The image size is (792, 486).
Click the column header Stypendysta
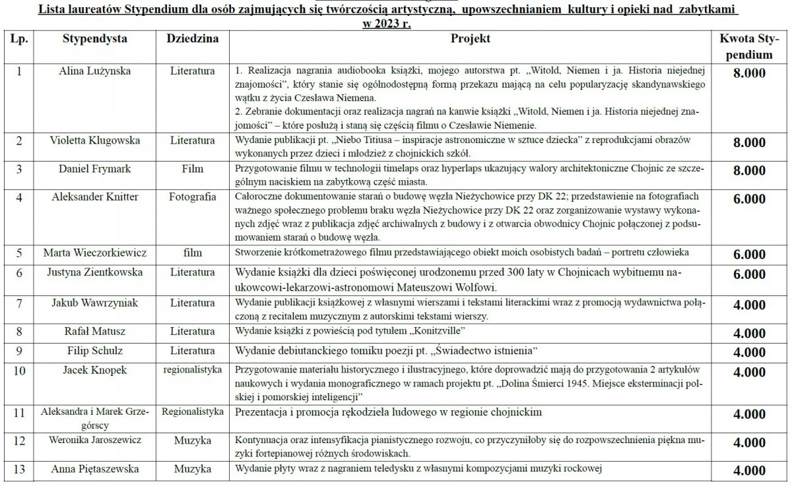coord(94,39)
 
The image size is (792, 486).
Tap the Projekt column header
coord(470,39)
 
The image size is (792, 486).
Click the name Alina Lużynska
coord(94,70)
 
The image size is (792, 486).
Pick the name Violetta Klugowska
coord(94,140)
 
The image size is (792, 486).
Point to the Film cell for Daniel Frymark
coord(192,169)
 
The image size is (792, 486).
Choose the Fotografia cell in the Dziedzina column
coord(192,197)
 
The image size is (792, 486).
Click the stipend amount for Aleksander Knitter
coord(749,199)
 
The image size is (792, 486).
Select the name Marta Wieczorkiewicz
coord(94,253)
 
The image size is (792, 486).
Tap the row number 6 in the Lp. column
coord(19,272)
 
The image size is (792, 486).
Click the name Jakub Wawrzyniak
coord(94,303)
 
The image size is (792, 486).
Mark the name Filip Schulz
coord(94,350)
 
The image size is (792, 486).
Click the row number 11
coord(19,413)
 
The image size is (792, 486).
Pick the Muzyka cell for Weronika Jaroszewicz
coord(192,440)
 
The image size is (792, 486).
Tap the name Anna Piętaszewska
coord(94,470)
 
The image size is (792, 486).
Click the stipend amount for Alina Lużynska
coord(749,73)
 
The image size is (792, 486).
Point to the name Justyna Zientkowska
coord(94,272)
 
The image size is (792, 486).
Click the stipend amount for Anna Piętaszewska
coord(749,471)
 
